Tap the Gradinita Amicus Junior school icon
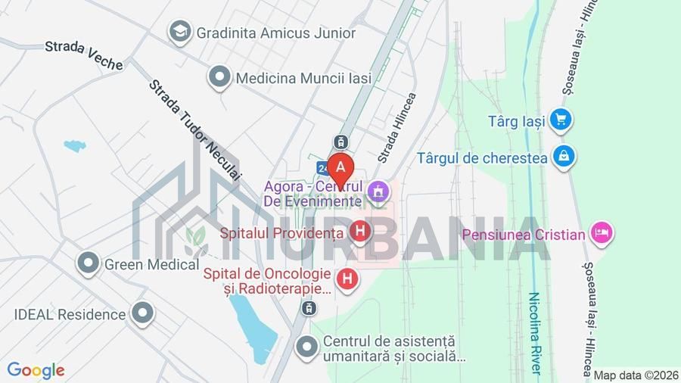tap(180, 32)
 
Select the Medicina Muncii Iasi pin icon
tap(219, 77)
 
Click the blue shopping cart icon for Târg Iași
tap(560, 120)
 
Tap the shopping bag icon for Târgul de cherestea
tap(564, 157)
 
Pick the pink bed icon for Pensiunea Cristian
tap(602, 233)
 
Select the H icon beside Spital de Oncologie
tap(347, 279)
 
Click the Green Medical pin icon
tap(89, 263)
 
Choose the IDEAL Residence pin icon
tap(142, 313)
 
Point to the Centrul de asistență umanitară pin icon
tap(306, 347)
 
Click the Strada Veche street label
tap(83, 54)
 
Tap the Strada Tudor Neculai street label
tap(194, 129)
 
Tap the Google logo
tap(36, 370)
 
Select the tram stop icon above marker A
tap(341, 141)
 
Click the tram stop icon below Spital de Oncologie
tap(308, 307)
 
